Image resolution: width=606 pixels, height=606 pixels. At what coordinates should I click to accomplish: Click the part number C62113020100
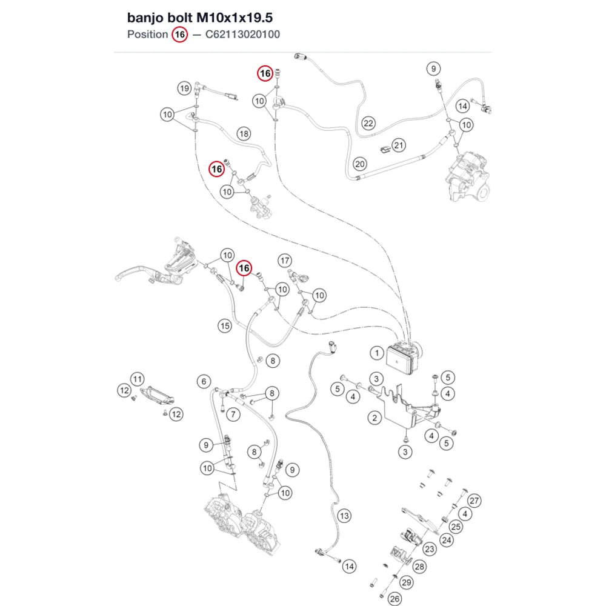(x=242, y=35)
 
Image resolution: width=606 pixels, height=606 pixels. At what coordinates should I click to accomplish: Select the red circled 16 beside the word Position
(x=180, y=35)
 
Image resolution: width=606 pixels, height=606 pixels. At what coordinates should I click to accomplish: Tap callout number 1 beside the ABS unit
(x=377, y=353)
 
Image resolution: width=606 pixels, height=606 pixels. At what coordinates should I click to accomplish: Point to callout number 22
(x=368, y=123)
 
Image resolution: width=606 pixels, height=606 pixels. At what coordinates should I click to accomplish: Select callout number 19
(x=185, y=88)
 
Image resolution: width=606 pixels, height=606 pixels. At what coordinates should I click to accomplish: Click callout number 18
(x=244, y=134)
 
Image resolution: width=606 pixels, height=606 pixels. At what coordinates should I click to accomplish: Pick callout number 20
(x=360, y=164)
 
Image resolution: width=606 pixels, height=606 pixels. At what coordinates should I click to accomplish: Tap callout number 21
(x=399, y=145)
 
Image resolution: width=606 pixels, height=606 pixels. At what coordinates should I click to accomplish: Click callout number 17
(x=285, y=261)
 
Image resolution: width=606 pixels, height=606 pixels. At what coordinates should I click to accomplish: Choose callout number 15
(x=225, y=326)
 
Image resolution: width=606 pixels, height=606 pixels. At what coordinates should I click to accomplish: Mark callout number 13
(x=344, y=516)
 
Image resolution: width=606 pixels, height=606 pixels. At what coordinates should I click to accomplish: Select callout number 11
(x=137, y=379)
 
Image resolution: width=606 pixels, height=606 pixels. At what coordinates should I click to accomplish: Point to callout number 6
(x=204, y=381)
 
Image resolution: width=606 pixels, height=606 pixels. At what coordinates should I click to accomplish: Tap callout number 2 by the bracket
(x=375, y=418)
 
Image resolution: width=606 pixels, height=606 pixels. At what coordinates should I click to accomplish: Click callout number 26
(x=395, y=599)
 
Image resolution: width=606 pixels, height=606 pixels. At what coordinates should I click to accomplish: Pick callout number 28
(x=419, y=567)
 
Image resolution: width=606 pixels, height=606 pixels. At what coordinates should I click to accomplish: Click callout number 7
(x=233, y=415)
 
